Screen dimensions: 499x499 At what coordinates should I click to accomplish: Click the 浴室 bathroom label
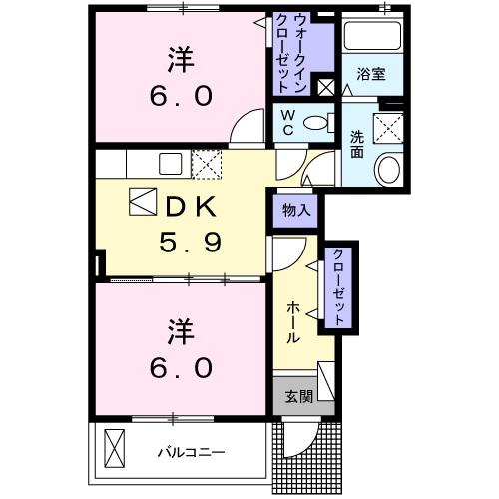(373, 74)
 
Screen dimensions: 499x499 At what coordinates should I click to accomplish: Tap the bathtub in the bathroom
(372, 37)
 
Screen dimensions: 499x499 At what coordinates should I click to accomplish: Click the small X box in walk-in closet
(325, 87)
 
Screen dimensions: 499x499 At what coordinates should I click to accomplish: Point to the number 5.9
(191, 241)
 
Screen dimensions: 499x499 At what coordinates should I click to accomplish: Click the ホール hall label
(292, 322)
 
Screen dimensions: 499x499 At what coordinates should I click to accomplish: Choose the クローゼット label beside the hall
(339, 287)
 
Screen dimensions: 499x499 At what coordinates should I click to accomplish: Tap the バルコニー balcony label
(190, 452)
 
